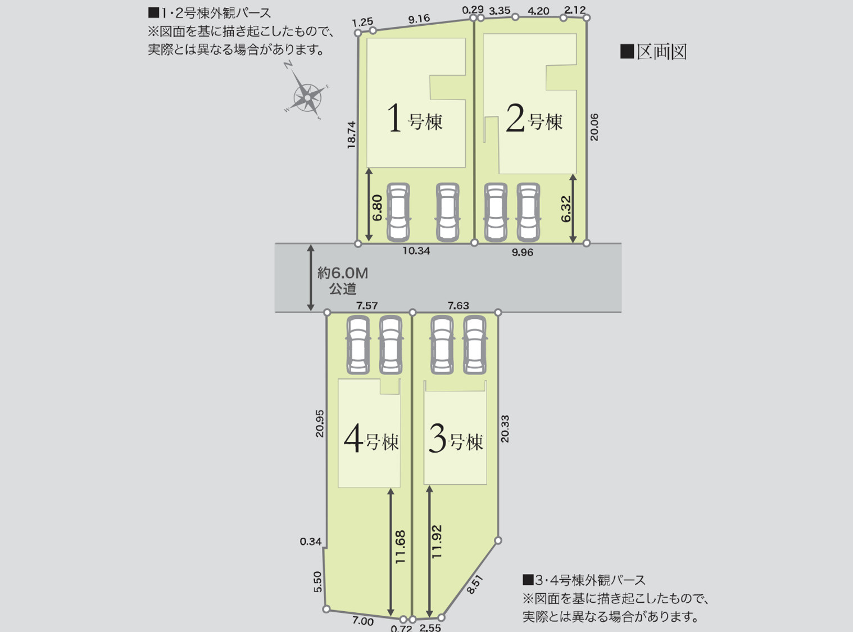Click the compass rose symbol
click(x=307, y=96)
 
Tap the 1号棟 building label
click(x=415, y=119)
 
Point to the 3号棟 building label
click(x=456, y=440)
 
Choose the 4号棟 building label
click(x=371, y=440)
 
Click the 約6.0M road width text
click(x=342, y=273)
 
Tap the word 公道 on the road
click(x=343, y=289)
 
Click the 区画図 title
click(x=654, y=52)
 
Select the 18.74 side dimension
click(x=352, y=135)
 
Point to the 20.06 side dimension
click(x=595, y=127)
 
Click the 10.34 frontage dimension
click(x=416, y=251)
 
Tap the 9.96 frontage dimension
click(x=523, y=252)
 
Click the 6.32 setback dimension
click(x=566, y=209)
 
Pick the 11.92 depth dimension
click(x=437, y=541)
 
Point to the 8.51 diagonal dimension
click(x=475, y=585)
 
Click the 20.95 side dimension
click(x=320, y=423)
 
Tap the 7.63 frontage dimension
click(x=459, y=305)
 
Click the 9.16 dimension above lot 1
click(x=419, y=19)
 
